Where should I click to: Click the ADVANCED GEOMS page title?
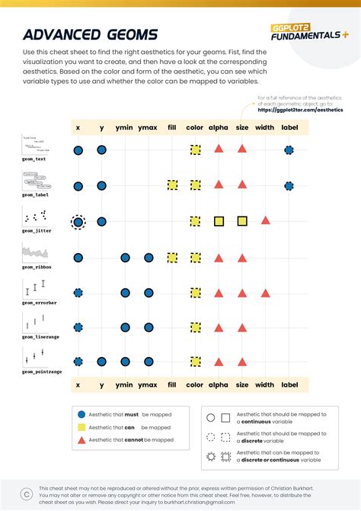(90, 34)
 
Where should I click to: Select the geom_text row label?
(34, 159)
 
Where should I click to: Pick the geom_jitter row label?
(36, 230)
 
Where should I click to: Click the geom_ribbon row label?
(36, 265)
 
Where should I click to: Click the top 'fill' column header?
(172, 128)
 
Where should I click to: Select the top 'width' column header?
(265, 128)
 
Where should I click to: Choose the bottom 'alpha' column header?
(218, 386)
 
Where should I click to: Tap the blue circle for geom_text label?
(289, 150)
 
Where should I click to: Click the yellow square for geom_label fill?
(172, 185)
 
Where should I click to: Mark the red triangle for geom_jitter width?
(265, 220)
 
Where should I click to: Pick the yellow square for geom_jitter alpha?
(219, 221)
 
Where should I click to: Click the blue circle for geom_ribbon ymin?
(124, 257)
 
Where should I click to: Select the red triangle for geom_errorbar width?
(265, 292)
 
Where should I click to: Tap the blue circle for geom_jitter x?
(78, 221)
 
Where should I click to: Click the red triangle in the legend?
(81, 440)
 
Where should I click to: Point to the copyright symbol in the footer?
(26, 492)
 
